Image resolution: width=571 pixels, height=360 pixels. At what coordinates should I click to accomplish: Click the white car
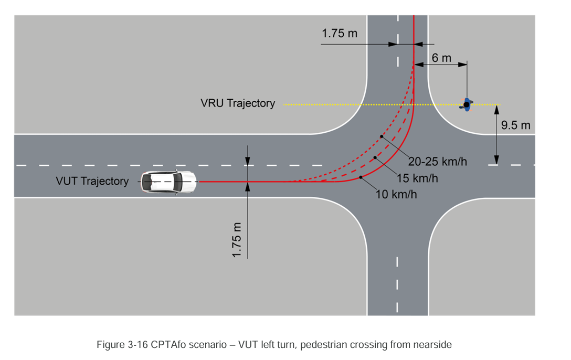point(168,182)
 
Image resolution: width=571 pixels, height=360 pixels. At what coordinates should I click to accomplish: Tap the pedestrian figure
point(466,105)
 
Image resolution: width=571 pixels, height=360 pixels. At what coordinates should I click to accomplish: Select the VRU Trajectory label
point(237,103)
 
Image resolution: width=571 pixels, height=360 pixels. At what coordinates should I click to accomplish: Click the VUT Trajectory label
point(92,181)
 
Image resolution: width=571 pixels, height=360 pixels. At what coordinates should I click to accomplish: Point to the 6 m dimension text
point(441,58)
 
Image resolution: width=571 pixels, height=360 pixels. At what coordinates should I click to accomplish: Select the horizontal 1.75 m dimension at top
point(340,34)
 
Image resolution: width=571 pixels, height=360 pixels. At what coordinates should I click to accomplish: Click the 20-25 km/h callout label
point(437,162)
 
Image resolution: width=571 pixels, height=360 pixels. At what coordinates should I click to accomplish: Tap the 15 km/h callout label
point(417,178)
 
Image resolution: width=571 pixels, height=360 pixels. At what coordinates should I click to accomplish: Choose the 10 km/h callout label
point(397,195)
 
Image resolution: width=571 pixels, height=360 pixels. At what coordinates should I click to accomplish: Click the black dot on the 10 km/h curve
point(361,178)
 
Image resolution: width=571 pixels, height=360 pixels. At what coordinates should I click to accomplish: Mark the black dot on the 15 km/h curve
point(375,157)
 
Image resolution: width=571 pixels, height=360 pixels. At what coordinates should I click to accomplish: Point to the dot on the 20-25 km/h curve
point(383,136)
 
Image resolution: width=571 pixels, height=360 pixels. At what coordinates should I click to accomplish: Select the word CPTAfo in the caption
point(168,345)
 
